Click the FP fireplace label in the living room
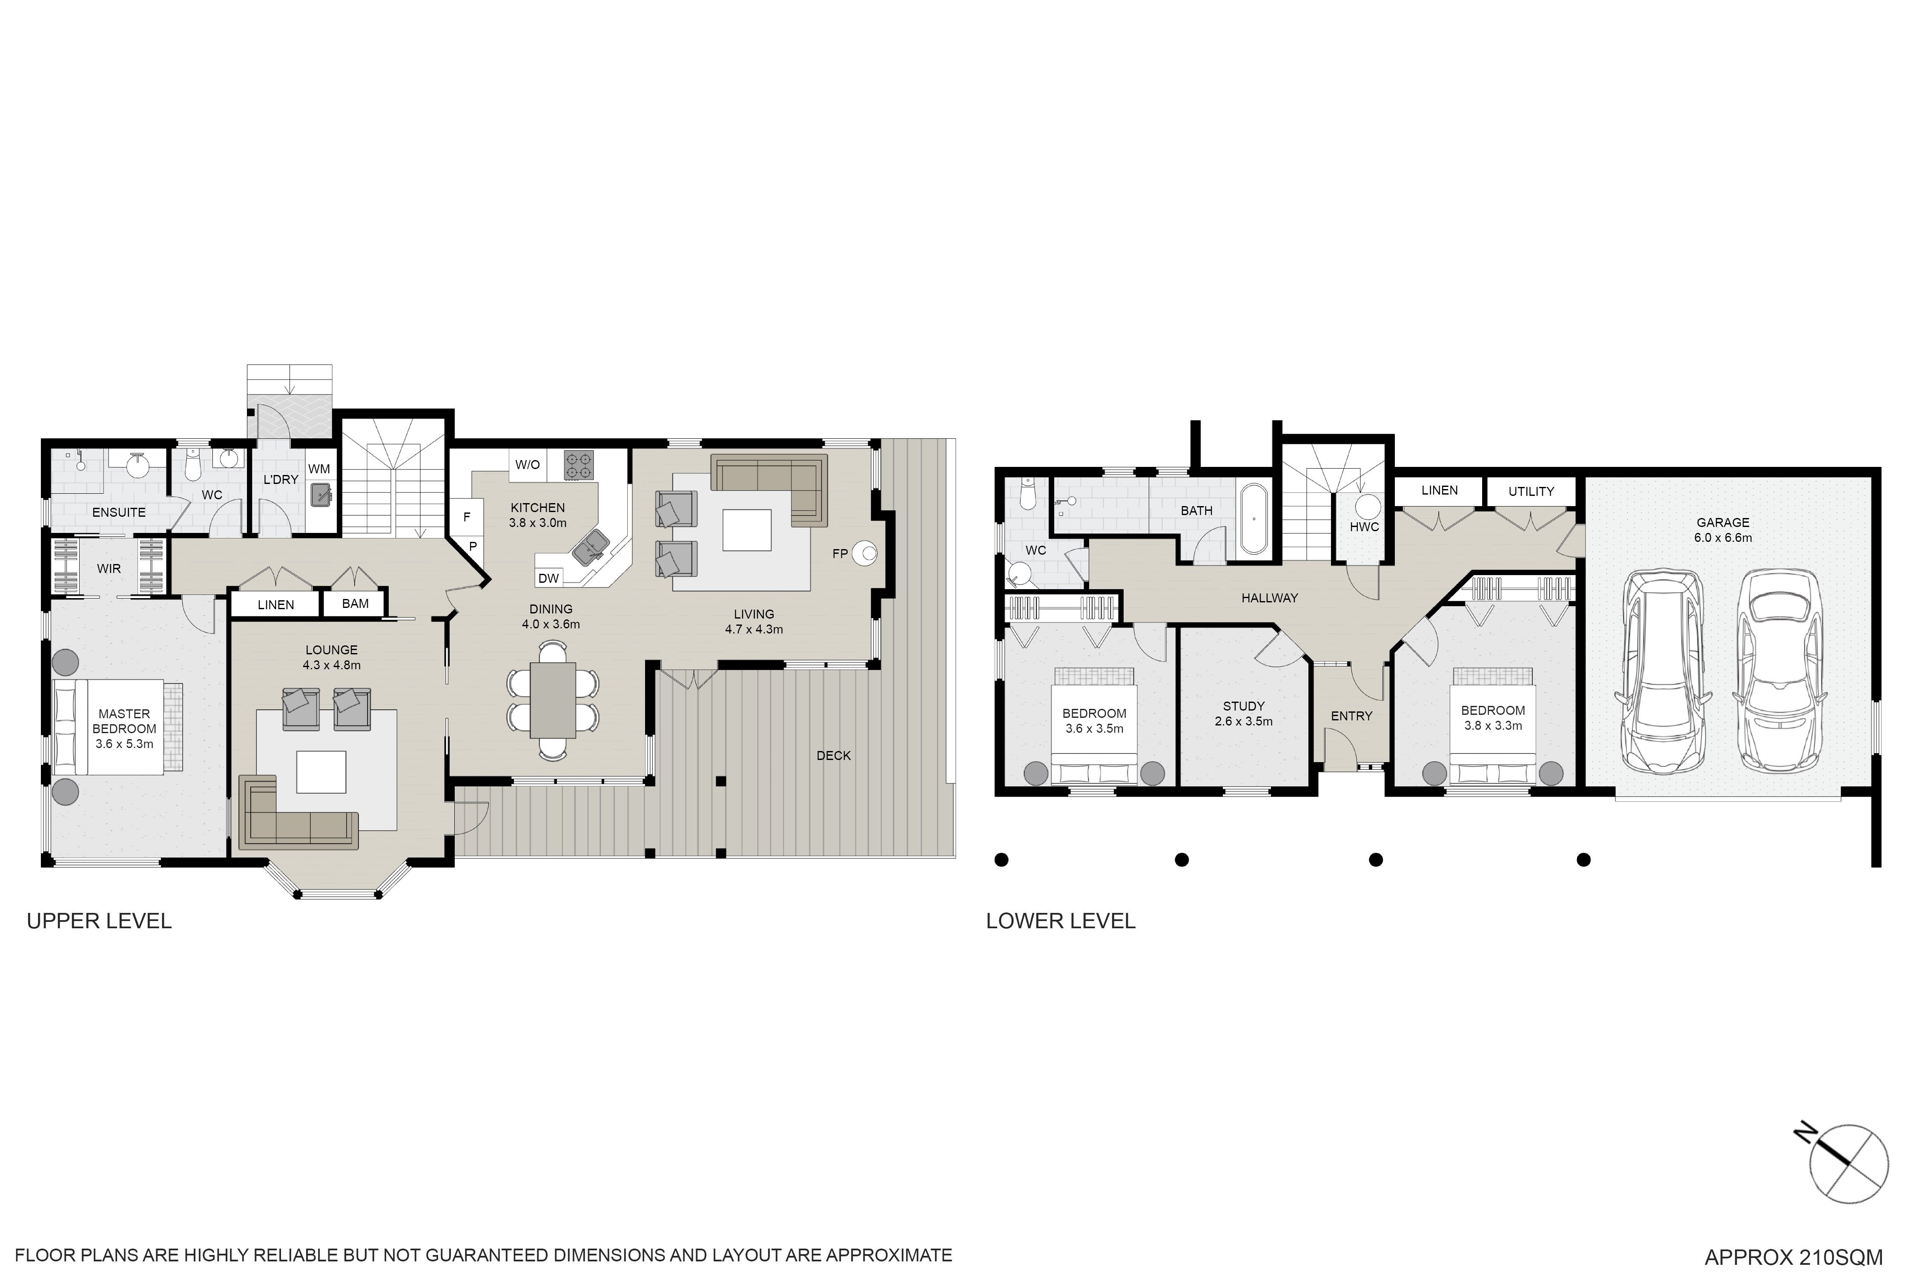pos(840,553)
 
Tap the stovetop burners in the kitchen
pos(578,465)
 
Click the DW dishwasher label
pos(548,578)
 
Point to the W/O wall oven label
pos(527,465)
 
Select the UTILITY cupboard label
pos(1531,492)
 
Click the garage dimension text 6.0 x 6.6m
pos(1723,538)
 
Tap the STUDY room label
pos(1243,706)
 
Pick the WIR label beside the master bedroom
pos(109,568)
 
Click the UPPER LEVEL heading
pos(99,921)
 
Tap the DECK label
pos(833,756)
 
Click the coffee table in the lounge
pos(321,771)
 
